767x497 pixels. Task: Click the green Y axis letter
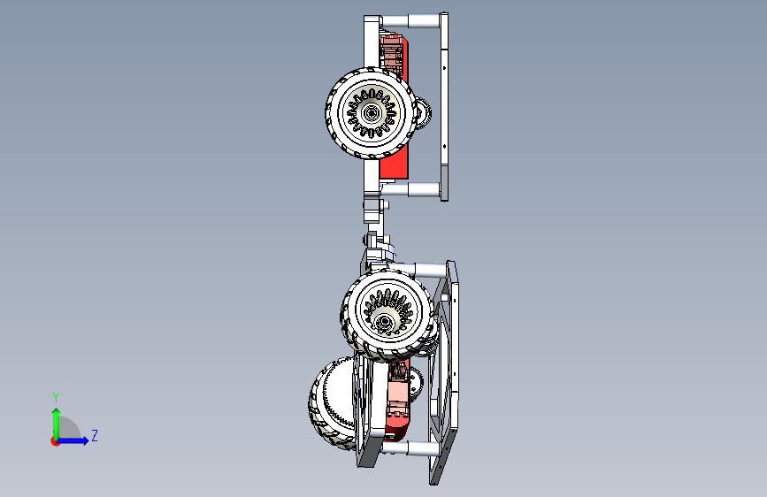[56, 397]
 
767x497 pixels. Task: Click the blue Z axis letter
[95, 435]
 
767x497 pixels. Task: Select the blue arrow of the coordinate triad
[72, 440]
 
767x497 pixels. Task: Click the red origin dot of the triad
[55, 441]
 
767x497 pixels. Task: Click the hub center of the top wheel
[372, 113]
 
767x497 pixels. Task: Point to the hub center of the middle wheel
[384, 322]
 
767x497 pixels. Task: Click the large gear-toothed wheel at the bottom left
[333, 403]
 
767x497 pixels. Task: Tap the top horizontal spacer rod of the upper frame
[410, 21]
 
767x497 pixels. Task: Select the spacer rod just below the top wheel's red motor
[410, 189]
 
